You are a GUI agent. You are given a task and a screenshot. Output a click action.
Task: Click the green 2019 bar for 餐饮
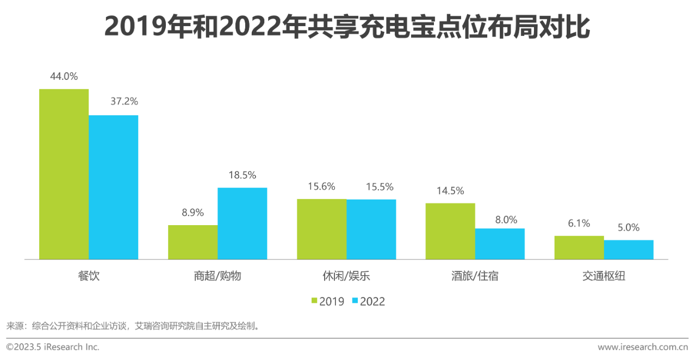[x=64, y=174]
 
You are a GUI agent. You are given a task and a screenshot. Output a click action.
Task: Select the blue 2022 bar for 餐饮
[x=114, y=187]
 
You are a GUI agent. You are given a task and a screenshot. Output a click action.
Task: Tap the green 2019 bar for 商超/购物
[x=192, y=242]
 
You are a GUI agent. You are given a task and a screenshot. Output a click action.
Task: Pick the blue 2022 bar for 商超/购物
[x=243, y=224]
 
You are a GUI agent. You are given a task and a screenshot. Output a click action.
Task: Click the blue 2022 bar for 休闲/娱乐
[x=371, y=229]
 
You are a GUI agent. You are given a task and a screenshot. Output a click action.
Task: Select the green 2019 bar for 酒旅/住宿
[x=450, y=231]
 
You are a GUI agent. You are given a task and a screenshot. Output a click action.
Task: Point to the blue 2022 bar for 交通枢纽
[x=629, y=250]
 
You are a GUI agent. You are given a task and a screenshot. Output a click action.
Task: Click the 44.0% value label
[x=64, y=77]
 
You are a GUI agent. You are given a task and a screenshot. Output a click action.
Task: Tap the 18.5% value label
[x=243, y=175]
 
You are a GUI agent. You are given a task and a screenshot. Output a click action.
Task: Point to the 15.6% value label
[x=321, y=187]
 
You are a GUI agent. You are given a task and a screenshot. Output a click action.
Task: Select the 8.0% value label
[x=500, y=220]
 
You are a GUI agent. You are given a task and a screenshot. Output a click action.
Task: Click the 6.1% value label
[x=579, y=224]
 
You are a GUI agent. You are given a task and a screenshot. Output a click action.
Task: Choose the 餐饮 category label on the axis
[x=89, y=276]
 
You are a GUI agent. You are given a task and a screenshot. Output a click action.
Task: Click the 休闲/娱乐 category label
[x=346, y=276]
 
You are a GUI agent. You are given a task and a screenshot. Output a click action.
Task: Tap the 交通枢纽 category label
[x=604, y=276]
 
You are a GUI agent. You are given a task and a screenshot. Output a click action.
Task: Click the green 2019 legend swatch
[x=314, y=301]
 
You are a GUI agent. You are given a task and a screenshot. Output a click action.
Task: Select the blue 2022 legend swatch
[x=355, y=301]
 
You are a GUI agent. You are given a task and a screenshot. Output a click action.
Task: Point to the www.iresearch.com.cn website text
[x=643, y=347]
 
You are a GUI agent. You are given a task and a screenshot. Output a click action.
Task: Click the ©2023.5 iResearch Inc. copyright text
[x=53, y=347]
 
